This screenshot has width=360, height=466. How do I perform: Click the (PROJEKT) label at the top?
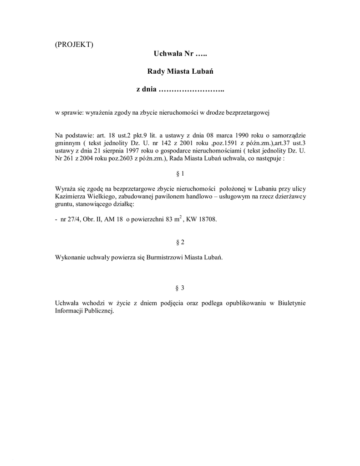coord(74,44)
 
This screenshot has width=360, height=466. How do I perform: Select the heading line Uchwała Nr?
coord(180,54)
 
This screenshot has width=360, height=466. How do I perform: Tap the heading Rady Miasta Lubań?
coord(180,71)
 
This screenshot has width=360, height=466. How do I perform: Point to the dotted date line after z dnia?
coord(191,89)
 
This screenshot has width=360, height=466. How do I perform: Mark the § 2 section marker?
coord(180,242)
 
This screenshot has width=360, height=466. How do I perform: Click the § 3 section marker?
coord(180,288)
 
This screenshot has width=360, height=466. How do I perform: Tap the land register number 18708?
coord(207,219)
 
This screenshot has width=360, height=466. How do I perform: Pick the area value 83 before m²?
coord(170,219)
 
